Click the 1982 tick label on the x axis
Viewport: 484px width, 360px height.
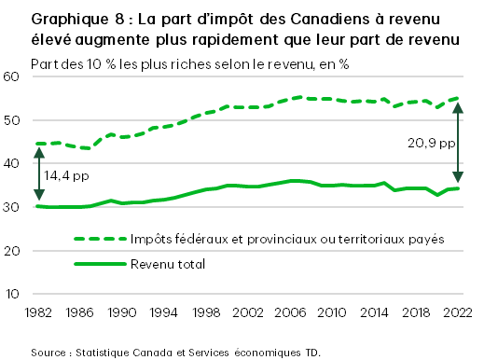coord(39,312)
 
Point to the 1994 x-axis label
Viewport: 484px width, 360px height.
coord(164,312)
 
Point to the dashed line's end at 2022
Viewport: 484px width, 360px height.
coord(457,98)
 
